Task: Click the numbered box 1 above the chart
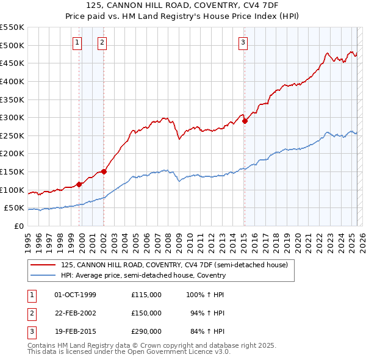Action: (78, 42)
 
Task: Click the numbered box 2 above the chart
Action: (101, 42)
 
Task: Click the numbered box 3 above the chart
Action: (243, 42)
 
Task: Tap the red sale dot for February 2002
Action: (104, 171)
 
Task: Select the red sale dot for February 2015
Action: (245, 121)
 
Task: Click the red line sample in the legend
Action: (43, 265)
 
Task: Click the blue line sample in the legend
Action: (43, 275)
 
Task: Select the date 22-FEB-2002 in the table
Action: (75, 313)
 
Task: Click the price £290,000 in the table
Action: (146, 331)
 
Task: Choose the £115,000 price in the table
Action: (146, 295)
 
